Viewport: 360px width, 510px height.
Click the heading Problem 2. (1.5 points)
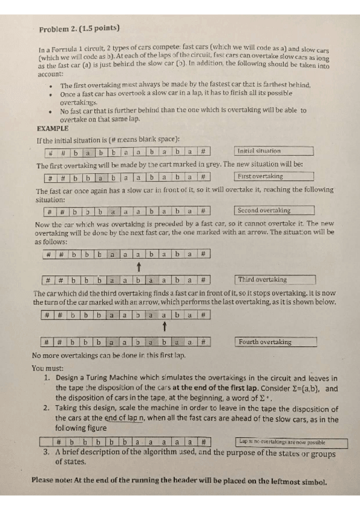(x=79, y=28)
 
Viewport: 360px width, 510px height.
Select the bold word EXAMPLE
(x=53, y=128)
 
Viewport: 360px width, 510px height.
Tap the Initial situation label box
(x=274, y=151)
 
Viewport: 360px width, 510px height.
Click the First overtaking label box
(x=274, y=177)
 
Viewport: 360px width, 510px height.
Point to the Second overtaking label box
(x=274, y=211)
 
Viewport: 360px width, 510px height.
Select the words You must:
(x=46, y=368)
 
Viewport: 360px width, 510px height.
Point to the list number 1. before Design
(x=47, y=379)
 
